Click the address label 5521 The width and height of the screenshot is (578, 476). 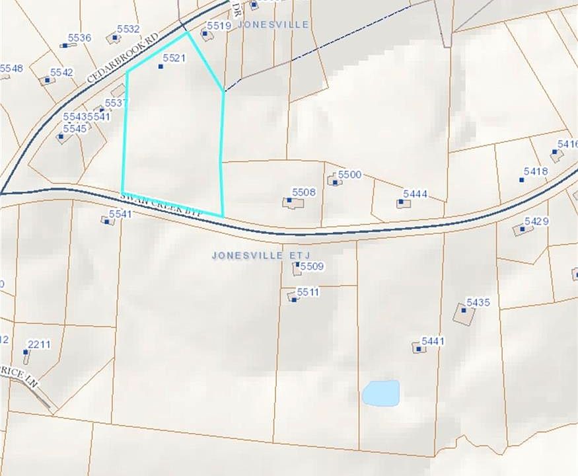172,58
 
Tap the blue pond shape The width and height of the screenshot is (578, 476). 381,393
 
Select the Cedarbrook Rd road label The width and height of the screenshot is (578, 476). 124,58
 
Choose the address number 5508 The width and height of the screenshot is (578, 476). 304,192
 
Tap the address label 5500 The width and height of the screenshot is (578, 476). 349,175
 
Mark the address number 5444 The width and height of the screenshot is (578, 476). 415,194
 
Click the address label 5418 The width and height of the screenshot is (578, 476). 536,171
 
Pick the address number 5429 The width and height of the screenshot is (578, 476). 537,221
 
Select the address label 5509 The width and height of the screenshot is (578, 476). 312,266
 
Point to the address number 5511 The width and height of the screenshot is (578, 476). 308,292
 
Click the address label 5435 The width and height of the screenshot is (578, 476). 478,302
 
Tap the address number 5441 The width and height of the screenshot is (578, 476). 433,340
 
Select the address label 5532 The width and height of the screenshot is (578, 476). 128,28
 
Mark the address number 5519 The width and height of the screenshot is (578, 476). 219,25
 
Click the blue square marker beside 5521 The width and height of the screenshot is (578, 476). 161,66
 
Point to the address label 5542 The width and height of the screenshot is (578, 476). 61,72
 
